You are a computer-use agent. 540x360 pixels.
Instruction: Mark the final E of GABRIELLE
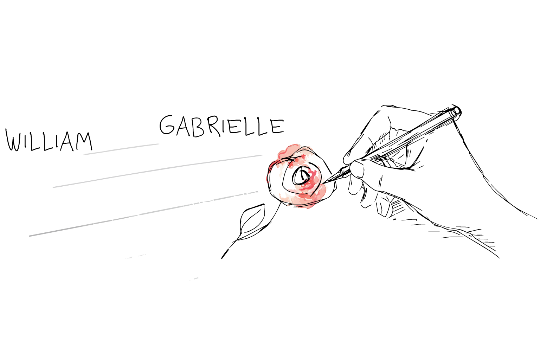click(277, 126)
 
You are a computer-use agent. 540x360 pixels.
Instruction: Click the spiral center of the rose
click(302, 175)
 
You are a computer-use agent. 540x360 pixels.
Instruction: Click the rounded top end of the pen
click(456, 111)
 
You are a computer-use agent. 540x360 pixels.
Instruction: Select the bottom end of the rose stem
click(222, 258)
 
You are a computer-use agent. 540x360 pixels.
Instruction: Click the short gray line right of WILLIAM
click(122, 149)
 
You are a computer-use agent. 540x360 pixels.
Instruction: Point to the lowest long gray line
click(144, 214)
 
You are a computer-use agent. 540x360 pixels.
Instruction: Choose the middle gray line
click(157, 171)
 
